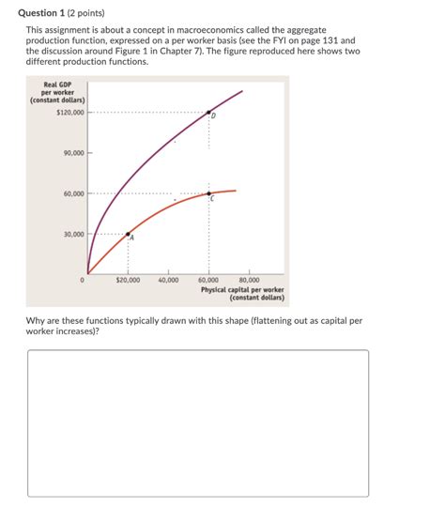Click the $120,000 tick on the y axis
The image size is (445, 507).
(x=70, y=113)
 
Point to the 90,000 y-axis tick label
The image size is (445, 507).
(x=73, y=152)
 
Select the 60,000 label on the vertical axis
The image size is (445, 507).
(x=73, y=193)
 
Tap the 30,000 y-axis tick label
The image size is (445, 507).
(x=73, y=234)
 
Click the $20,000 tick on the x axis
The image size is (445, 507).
(x=128, y=280)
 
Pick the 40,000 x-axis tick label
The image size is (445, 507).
(x=169, y=280)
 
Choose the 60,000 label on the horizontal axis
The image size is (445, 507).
(x=208, y=280)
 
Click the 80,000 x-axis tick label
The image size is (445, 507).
(x=249, y=280)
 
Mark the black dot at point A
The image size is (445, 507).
(x=129, y=234)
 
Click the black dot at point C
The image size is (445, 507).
(x=208, y=193)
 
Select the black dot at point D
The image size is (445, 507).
(x=208, y=113)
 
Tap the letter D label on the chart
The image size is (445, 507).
(x=214, y=117)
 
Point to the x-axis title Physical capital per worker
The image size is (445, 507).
(x=241, y=290)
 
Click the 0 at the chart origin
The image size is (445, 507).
(x=84, y=280)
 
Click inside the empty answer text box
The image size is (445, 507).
(x=197, y=422)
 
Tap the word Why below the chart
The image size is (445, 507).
(x=37, y=321)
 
